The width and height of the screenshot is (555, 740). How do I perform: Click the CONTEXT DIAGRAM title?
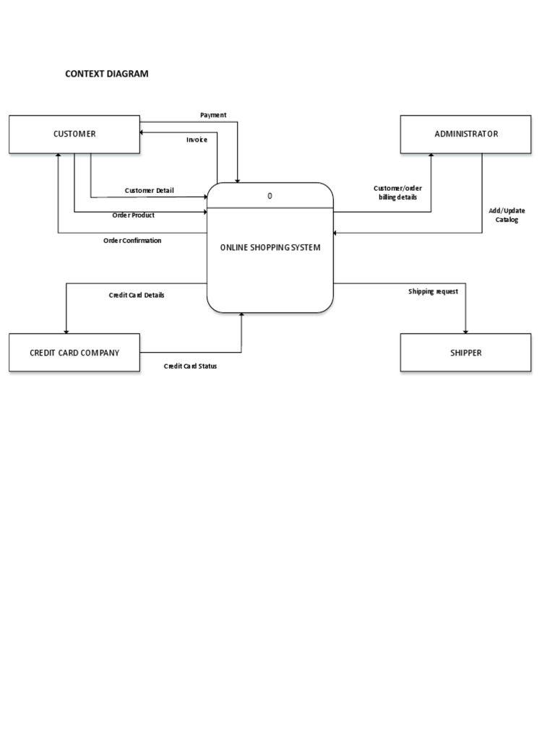point(107,74)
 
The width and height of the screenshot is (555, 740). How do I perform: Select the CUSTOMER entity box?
point(74,134)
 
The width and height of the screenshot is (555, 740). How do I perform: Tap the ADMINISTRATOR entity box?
point(465,134)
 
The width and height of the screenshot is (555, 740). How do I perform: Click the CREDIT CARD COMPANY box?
point(74,353)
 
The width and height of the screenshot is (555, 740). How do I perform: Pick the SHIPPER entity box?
point(465,353)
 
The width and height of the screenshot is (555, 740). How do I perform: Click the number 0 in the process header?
point(270,196)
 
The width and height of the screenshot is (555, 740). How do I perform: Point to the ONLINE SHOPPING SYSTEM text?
point(270,248)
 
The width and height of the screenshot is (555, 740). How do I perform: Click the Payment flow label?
point(213,115)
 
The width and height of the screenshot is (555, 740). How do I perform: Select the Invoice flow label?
point(197,139)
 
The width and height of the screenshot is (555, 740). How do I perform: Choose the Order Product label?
point(133,215)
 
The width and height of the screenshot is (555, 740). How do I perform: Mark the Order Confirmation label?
point(132,241)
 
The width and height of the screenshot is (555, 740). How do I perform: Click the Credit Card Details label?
point(137,295)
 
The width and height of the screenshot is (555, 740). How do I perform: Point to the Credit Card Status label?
point(190,366)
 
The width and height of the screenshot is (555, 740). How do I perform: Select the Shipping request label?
point(433,291)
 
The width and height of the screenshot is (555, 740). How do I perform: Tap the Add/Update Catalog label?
point(507,215)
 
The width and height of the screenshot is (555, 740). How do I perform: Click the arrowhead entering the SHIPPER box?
point(465,330)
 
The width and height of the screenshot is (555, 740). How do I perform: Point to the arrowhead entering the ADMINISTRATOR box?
point(431,156)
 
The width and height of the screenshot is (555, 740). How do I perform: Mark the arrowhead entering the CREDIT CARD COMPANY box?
point(66,330)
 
